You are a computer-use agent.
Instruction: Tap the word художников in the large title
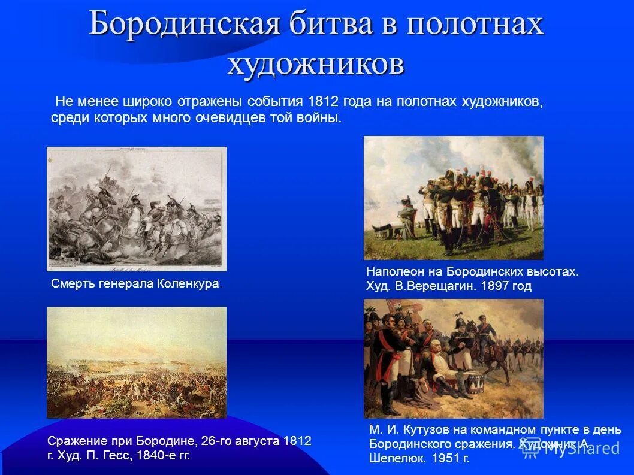coord(316,63)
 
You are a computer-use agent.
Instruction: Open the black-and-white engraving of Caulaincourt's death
coord(137,209)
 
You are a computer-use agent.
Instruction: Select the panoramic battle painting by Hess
coord(137,362)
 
